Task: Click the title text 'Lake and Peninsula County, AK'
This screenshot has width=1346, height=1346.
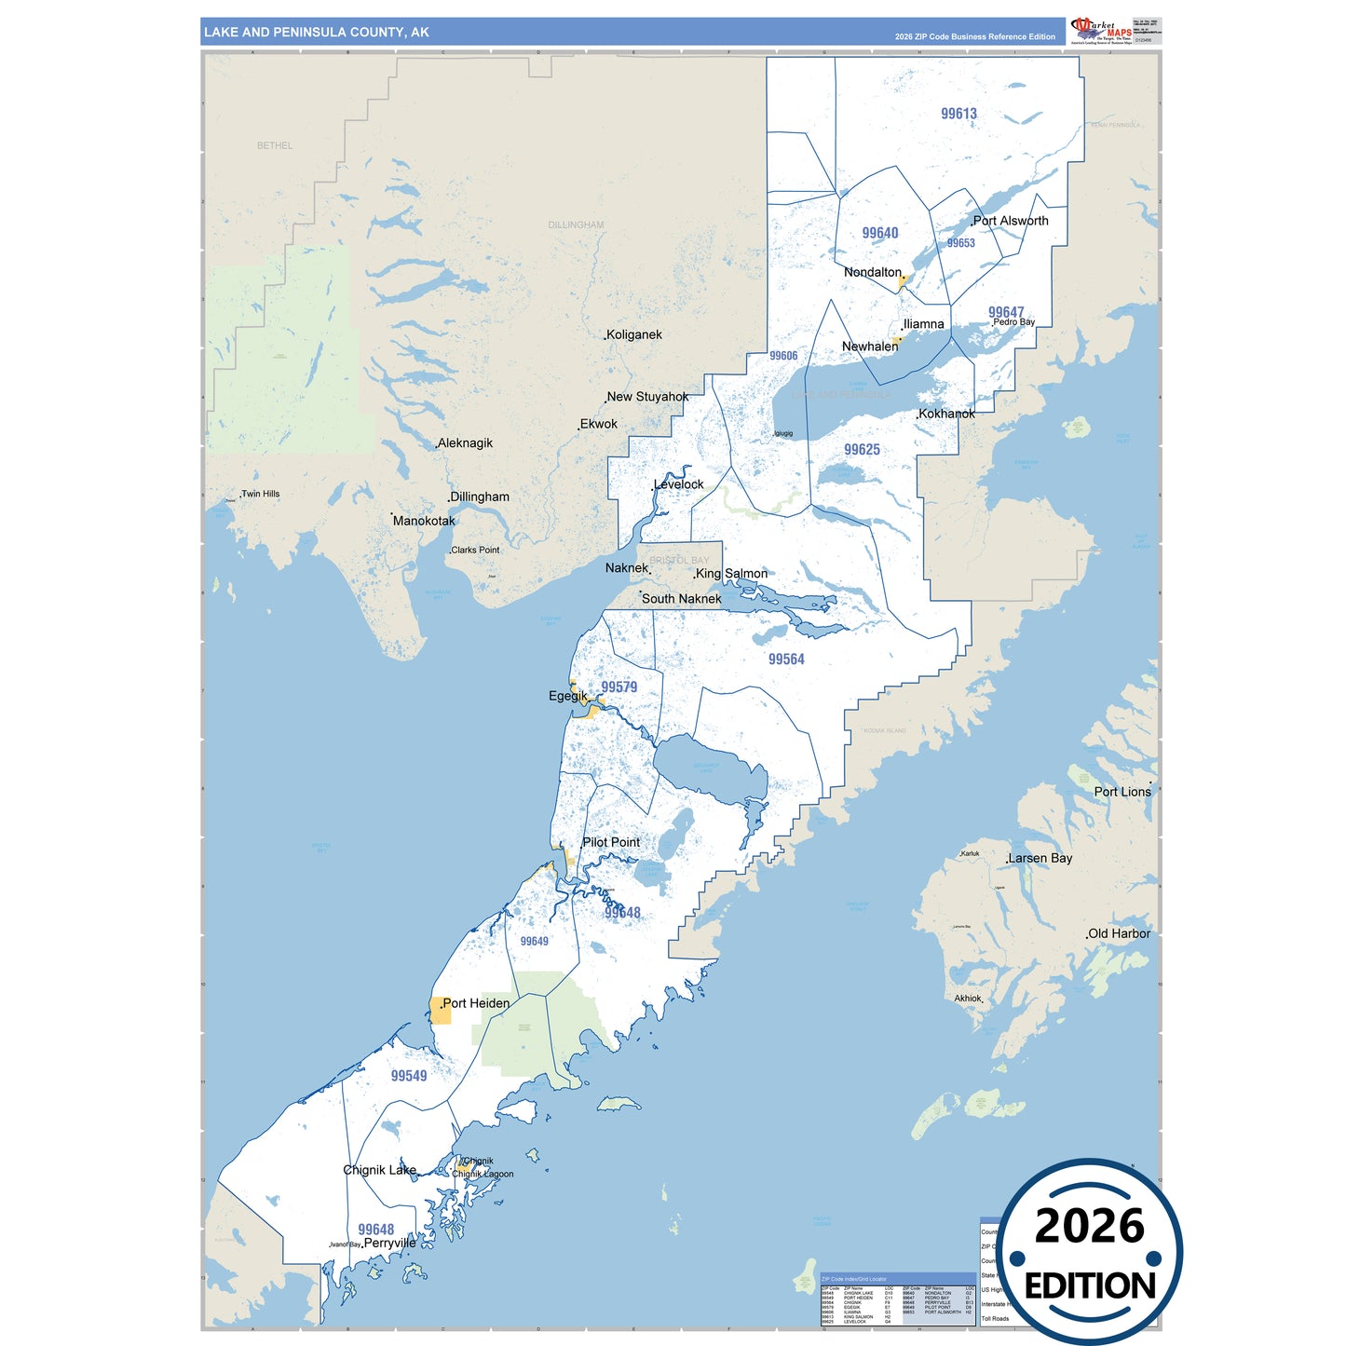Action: pos(317,33)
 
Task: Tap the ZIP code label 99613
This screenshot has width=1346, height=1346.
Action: pos(959,114)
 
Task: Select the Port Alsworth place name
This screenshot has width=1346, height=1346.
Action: pos(1011,221)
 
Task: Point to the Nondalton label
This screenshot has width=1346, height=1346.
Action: pos(873,272)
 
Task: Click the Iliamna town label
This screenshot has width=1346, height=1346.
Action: pos(924,324)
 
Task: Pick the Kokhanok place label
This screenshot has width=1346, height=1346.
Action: pos(946,414)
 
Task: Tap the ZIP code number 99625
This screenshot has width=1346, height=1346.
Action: pos(862,450)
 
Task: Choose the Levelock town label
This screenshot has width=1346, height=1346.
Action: pos(679,484)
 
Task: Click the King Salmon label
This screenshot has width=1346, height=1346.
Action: pos(732,574)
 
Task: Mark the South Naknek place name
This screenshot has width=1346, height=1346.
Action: pos(681,599)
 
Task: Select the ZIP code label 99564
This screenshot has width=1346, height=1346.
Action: pos(786,659)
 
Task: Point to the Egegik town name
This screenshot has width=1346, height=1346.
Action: pos(568,696)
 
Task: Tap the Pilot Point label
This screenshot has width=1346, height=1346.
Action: pos(611,842)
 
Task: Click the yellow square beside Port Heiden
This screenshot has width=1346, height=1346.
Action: pos(441,1011)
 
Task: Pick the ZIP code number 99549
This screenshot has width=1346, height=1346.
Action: pos(409,1076)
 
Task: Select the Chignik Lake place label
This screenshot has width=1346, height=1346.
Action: pos(380,1170)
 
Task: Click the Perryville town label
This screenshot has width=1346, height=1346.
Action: pos(389,1243)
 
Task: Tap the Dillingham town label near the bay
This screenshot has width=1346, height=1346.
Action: pos(480,496)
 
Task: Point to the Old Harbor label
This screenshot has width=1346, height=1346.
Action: pos(1120,933)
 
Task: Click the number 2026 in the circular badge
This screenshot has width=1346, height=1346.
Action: pos(1090,1226)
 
